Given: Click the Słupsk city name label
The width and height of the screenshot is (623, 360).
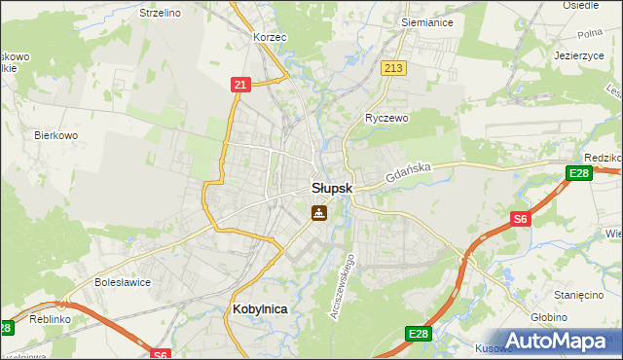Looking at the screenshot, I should coord(331,188).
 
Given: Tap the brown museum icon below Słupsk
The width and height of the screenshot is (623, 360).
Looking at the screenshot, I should coord(318,212).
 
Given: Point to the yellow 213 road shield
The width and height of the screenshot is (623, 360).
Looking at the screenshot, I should coord(393,68).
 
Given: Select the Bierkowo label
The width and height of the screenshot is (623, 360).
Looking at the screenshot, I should coord(55,135).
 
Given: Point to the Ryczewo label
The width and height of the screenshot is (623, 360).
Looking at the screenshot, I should coord(386,118).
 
